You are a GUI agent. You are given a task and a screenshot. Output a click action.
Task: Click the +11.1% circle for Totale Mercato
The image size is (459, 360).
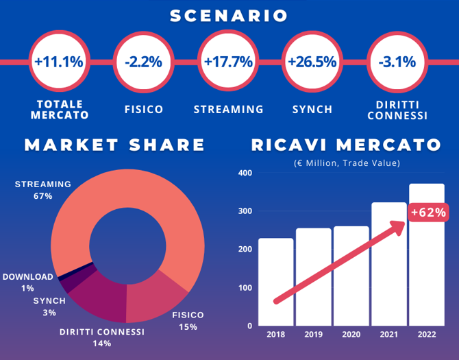tap(59, 62)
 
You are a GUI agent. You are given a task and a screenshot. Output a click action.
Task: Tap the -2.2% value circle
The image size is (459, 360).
tap(144, 62)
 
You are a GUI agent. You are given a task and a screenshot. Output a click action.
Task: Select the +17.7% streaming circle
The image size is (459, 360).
tap(228, 62)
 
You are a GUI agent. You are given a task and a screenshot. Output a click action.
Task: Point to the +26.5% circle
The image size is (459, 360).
tap(312, 62)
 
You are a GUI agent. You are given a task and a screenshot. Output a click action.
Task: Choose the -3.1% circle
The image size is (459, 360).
tap(397, 62)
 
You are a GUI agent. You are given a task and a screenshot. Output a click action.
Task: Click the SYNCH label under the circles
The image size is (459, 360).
tap(312, 109)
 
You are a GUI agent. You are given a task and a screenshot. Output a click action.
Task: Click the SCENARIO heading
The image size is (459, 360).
tap(229, 16)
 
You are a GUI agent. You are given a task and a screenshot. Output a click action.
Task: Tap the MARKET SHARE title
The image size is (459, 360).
tap(115, 145)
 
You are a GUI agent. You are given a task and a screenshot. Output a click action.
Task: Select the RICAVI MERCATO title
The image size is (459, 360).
tap(345, 145)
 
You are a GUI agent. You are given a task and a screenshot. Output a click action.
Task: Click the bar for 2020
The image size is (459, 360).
tap(351, 275)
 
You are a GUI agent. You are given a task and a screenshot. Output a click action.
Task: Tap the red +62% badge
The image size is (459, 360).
tap(429, 213)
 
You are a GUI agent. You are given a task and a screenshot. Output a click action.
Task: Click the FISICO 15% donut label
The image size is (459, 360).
tap(188, 321)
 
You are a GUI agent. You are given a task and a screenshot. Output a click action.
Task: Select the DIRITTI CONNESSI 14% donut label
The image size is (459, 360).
tap(102, 337)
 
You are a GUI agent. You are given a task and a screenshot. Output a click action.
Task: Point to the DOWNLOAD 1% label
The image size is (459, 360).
tap(27, 283)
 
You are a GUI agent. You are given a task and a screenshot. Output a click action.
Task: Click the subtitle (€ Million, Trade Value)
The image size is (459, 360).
tap(346, 163)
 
